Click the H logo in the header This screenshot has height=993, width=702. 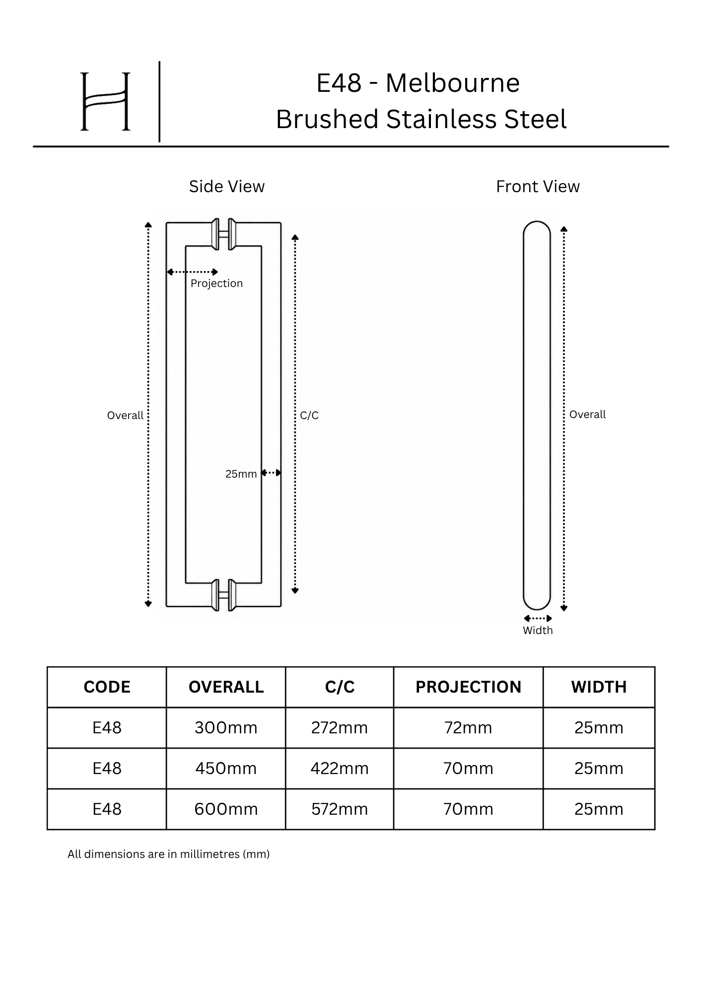tap(105, 101)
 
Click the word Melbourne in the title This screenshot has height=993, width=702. tap(453, 83)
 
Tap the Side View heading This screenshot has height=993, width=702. tap(227, 187)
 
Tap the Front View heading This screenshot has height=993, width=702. tap(538, 187)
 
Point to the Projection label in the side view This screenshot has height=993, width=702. tap(216, 284)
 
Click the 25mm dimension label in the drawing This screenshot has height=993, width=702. tap(241, 474)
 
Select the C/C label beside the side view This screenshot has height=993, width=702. tap(309, 416)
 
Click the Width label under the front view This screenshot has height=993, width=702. tap(538, 631)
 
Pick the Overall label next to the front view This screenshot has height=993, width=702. tap(587, 415)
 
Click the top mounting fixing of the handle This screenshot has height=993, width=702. tap(223, 234)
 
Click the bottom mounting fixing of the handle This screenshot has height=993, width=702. tap(223, 595)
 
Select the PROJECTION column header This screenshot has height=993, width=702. tap(468, 687)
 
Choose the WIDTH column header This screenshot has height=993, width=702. tap(599, 687)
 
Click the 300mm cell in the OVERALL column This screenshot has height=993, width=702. tap(226, 728)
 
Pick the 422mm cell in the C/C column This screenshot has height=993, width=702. tap(340, 769)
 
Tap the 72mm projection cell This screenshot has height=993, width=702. tap(468, 728)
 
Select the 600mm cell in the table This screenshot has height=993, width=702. tap(226, 809)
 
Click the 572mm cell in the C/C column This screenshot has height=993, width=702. tap(340, 809)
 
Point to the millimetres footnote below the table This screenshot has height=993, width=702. tap(168, 854)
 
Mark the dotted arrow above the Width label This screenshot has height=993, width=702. tap(538, 619)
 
